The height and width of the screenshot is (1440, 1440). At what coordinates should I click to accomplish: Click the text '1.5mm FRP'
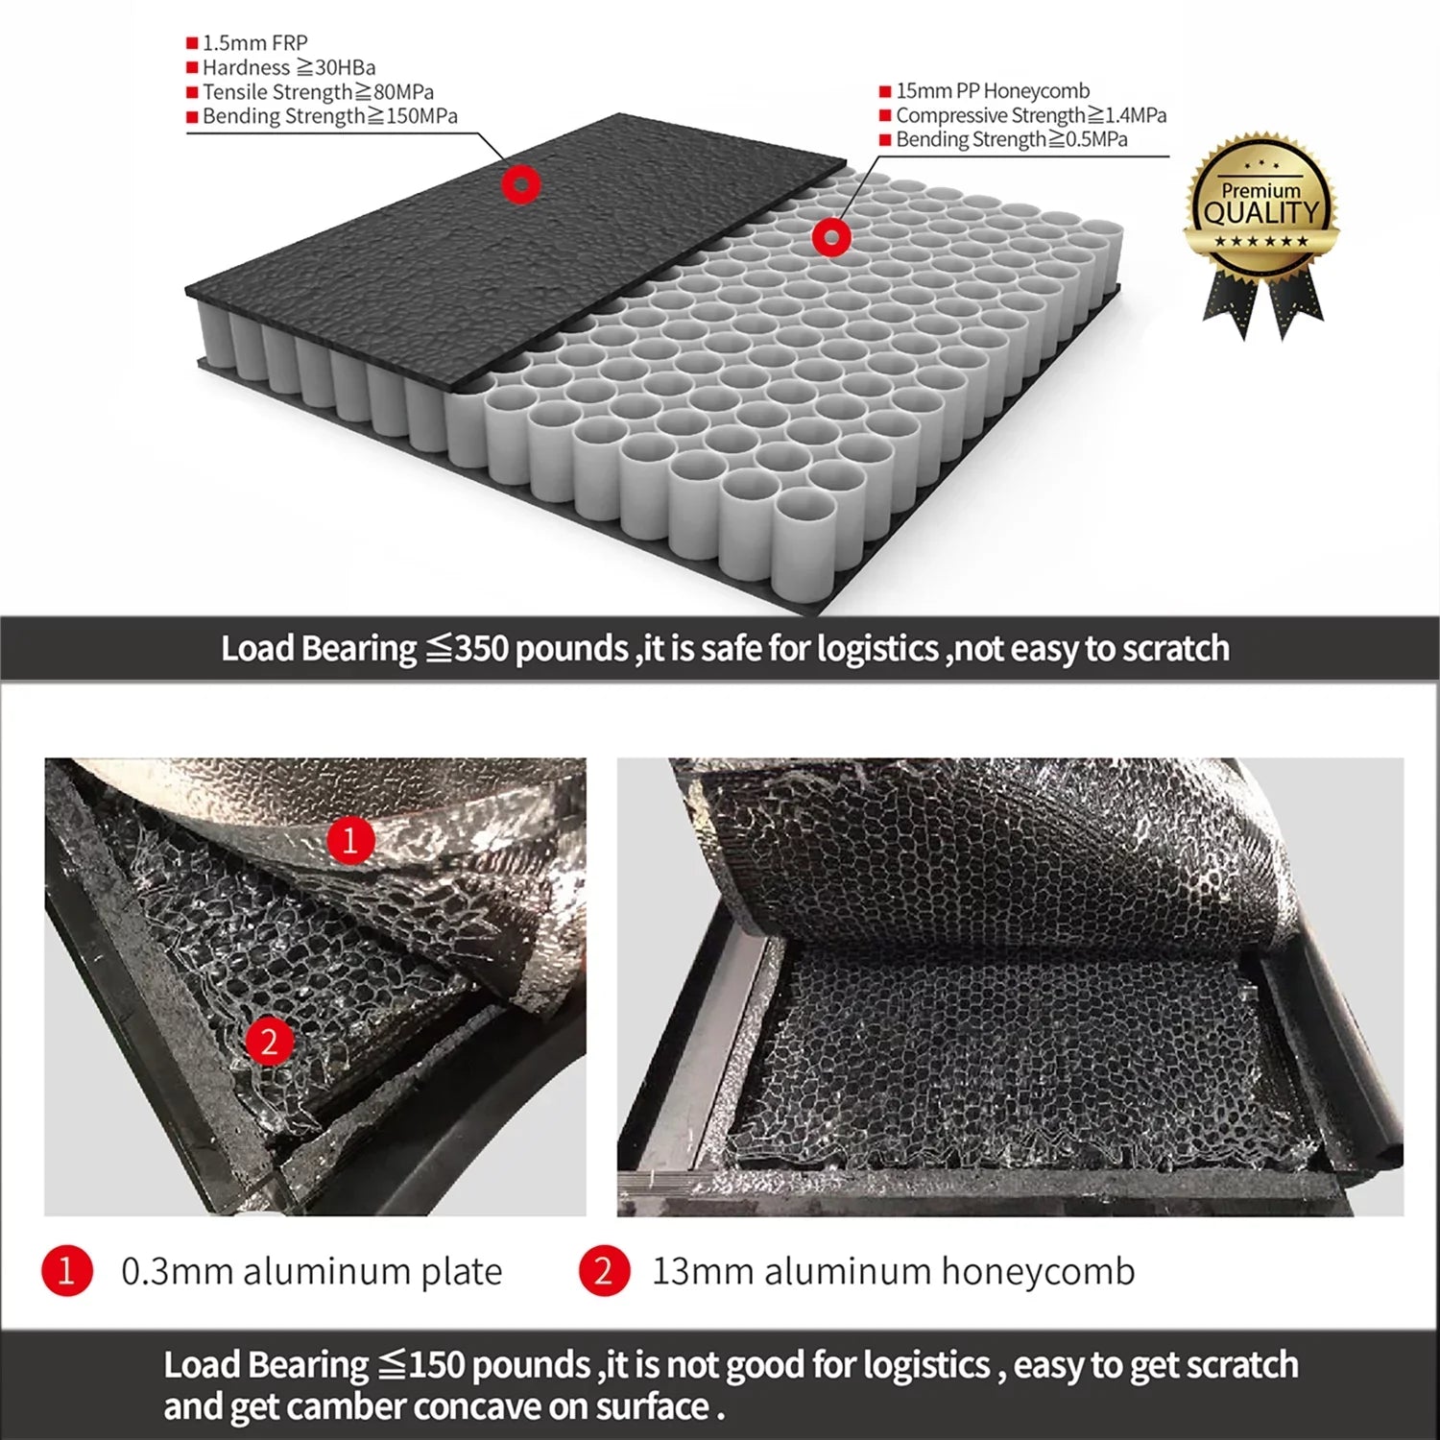click(254, 43)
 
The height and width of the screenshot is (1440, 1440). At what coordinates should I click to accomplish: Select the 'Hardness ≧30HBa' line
click(289, 67)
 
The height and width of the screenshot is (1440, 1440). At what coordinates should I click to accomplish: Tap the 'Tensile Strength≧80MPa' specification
click(318, 92)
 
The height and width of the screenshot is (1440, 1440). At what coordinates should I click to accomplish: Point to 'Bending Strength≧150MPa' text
click(329, 116)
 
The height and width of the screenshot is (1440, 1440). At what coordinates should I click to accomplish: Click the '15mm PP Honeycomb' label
click(993, 91)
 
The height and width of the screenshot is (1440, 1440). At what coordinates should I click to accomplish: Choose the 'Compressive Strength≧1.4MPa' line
click(1031, 115)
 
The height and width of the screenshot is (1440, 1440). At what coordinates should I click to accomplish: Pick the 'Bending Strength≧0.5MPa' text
click(1012, 139)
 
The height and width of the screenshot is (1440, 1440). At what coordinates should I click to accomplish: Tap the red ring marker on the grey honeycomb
click(831, 236)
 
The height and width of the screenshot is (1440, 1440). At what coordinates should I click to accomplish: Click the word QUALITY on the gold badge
click(1262, 213)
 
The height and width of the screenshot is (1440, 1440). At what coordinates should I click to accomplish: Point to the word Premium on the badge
click(1260, 190)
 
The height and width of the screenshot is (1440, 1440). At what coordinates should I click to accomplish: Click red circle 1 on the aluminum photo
click(350, 840)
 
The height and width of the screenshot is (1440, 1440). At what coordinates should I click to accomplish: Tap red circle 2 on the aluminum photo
click(269, 1042)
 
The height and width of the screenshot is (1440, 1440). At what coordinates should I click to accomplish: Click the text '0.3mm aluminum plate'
click(312, 1271)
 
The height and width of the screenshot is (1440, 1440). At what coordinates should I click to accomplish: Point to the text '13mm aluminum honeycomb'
click(894, 1271)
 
